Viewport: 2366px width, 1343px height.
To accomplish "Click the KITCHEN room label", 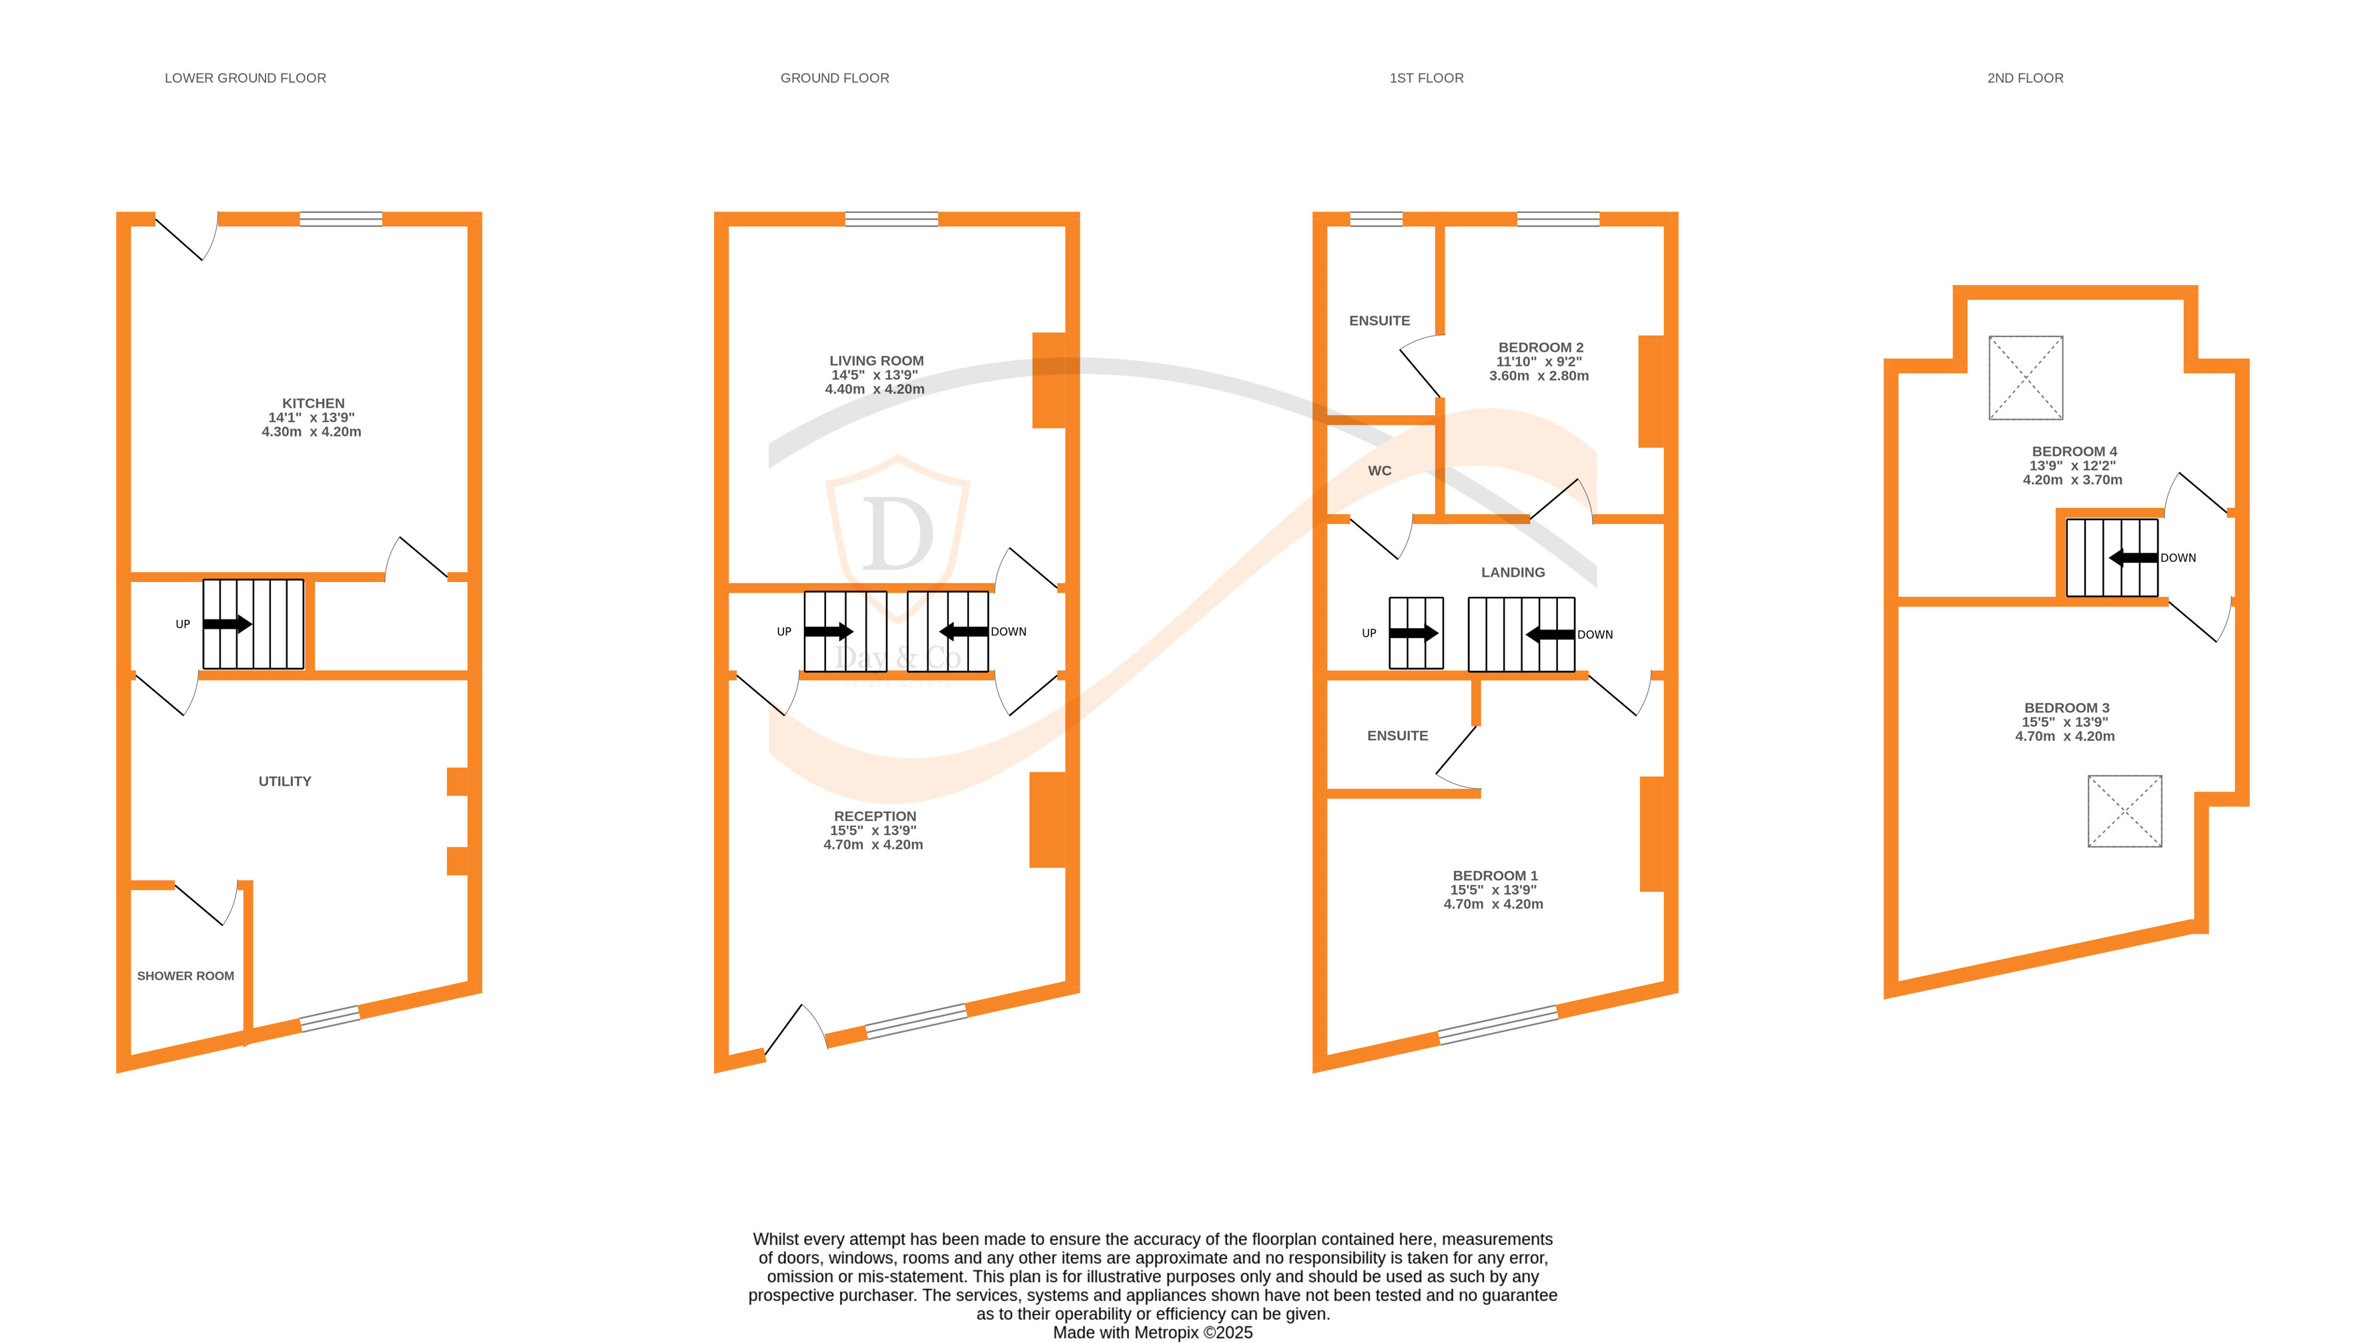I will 312,403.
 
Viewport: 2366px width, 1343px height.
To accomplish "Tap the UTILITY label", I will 285,781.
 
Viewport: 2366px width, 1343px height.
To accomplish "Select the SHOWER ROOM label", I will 185,976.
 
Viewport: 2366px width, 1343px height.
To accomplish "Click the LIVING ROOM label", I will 876,360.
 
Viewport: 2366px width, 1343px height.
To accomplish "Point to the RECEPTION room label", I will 875,816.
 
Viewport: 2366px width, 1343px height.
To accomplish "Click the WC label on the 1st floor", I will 1379,471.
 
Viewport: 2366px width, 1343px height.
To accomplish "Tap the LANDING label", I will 1512,572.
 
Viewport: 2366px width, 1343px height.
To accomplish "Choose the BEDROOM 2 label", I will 1540,348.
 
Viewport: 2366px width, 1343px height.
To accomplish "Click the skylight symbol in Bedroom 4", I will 2025,378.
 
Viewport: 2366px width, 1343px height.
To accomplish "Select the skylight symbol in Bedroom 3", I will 2124,811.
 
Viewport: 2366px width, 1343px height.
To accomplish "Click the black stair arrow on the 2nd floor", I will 2132,558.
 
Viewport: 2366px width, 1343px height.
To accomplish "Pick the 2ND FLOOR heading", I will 2025,78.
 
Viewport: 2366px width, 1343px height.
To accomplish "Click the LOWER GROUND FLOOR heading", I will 246,78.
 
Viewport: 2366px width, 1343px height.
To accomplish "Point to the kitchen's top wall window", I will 341,220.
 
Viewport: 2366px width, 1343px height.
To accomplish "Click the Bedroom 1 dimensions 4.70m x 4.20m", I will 1493,904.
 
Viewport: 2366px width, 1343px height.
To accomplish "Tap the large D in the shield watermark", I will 897,535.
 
